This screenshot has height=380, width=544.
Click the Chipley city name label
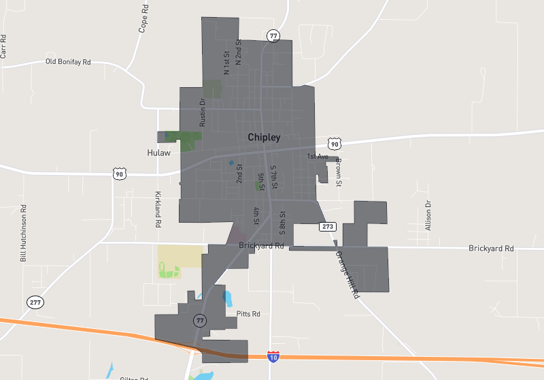[x=264, y=138]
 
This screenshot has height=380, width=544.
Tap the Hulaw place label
[x=158, y=153]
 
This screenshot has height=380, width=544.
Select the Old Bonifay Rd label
[x=68, y=62]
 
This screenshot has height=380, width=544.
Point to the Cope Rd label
[x=143, y=21]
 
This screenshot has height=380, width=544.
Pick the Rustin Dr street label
[x=202, y=112]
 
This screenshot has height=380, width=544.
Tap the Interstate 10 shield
[x=273, y=357]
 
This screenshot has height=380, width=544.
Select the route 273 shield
[x=328, y=226]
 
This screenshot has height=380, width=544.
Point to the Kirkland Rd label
[x=158, y=209]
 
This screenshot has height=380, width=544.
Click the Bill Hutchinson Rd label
[x=23, y=234]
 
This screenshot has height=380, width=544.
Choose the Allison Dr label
[x=428, y=215]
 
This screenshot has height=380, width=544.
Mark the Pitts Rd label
[x=248, y=314]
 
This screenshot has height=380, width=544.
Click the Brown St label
[x=338, y=172]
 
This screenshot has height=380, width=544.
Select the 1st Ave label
[x=318, y=157]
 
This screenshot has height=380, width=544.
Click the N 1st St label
[x=226, y=63]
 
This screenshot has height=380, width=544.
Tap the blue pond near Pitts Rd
[x=226, y=298]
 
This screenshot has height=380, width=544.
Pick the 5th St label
[x=261, y=182]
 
